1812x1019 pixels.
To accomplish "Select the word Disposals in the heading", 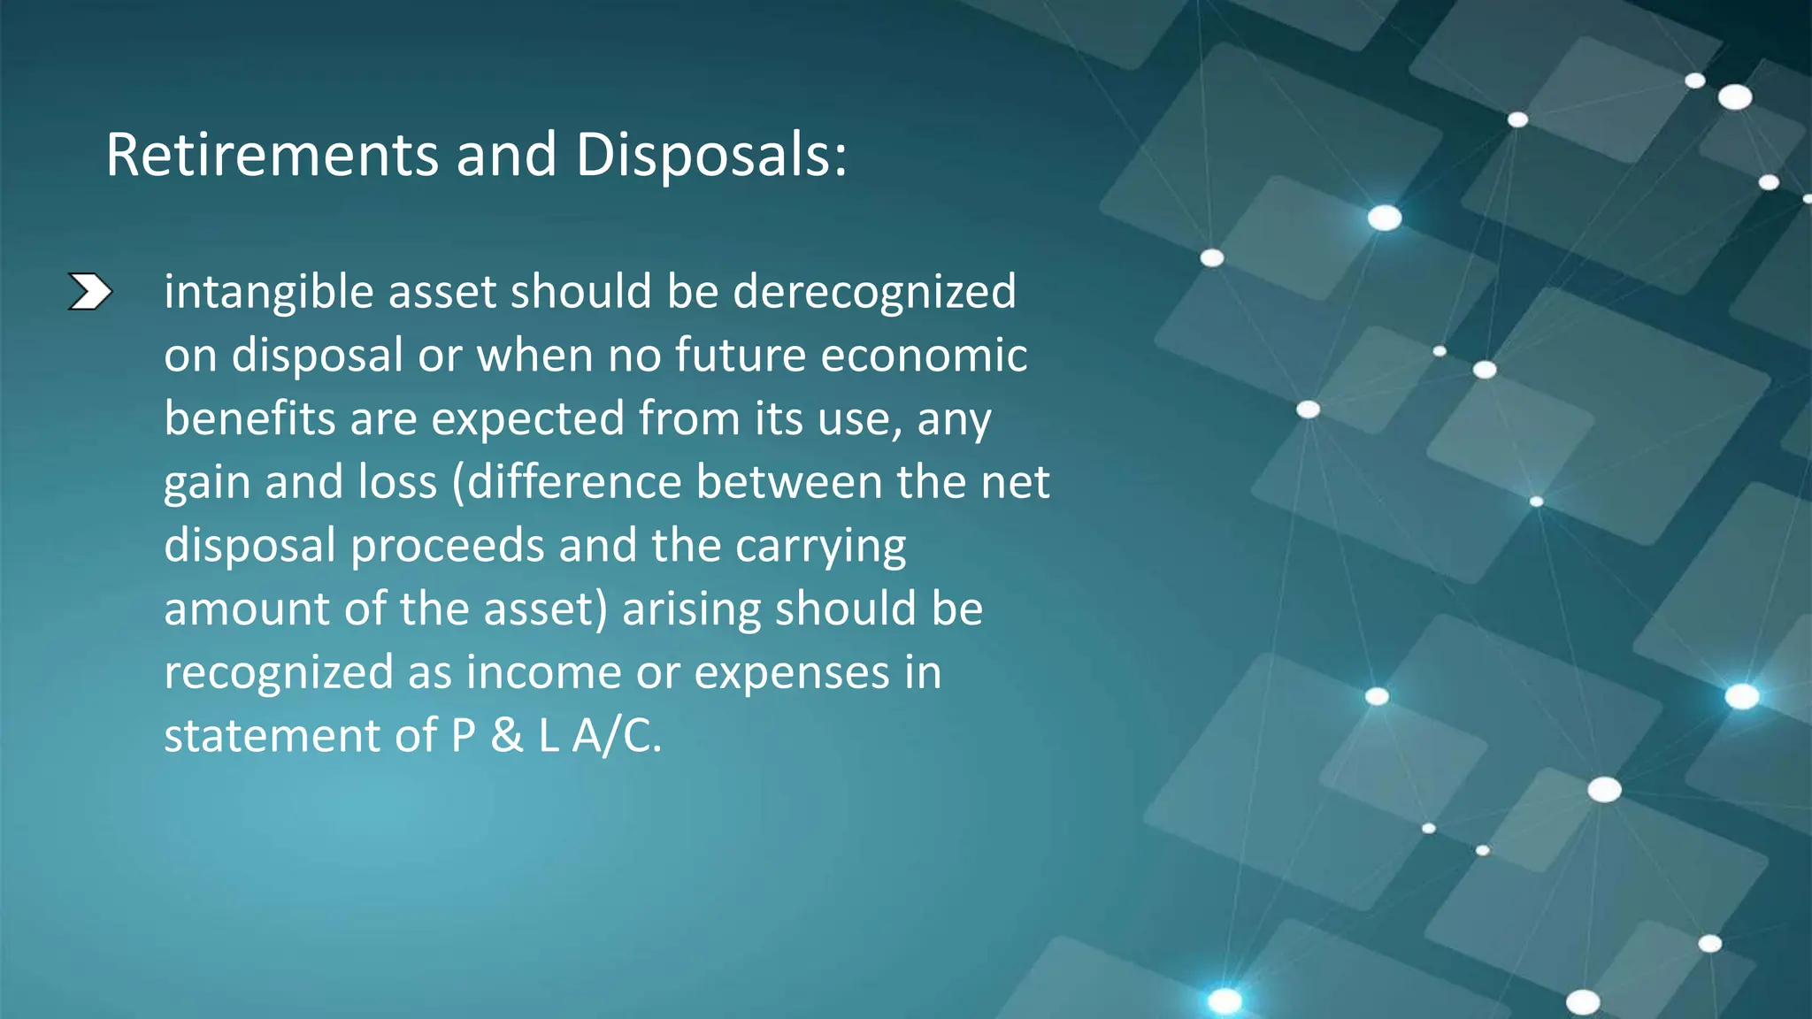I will click(x=710, y=155).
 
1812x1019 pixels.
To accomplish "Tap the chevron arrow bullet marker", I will click(x=90, y=293).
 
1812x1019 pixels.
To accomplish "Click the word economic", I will click(x=924, y=356).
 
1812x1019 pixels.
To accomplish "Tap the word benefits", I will click(x=250, y=418).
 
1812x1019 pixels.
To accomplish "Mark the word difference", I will click(x=574, y=482).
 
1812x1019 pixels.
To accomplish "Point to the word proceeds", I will click(x=447, y=547).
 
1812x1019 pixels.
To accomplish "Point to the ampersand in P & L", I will click(x=507, y=736).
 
